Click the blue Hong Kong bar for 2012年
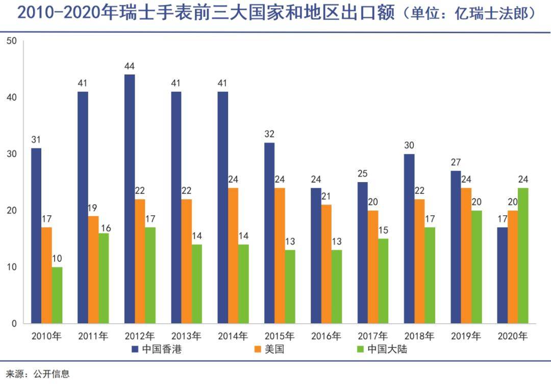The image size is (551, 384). click(130, 199)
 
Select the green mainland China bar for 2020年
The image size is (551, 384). click(523, 255)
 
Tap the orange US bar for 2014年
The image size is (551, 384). click(233, 255)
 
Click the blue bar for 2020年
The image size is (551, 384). click(503, 275)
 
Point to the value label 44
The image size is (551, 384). click(130, 66)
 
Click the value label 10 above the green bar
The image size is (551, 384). click(57, 259)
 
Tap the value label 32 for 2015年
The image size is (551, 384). click(269, 134)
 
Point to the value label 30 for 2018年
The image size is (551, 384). click(409, 145)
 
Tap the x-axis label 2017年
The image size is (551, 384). click(372, 336)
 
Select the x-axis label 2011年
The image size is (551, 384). click(93, 336)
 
